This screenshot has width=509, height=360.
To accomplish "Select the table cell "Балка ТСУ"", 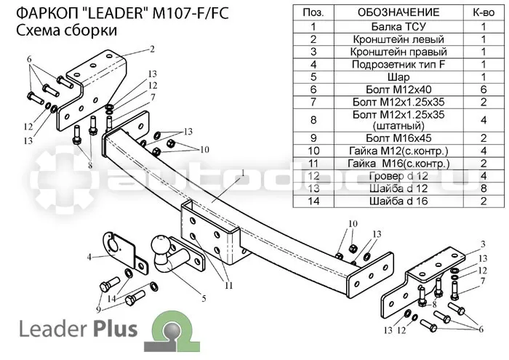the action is pos(398,27).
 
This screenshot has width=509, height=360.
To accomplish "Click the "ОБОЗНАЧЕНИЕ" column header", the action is pos(398,12).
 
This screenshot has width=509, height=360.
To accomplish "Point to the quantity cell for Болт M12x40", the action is pos(484,89).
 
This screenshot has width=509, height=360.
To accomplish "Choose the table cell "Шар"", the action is pos(398,77).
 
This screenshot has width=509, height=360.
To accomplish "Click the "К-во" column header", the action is pos(484,12).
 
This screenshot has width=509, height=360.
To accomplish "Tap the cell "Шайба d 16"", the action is pos(398,201).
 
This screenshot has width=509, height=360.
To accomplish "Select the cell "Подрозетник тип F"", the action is pos(398,65).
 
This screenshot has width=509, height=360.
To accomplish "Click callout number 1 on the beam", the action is pos(242,172).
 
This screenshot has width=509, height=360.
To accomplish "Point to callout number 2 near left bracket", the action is pos(152,49).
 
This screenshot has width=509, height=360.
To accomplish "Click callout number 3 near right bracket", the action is pos(483,244).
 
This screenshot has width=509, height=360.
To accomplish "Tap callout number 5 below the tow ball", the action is pos(204,298).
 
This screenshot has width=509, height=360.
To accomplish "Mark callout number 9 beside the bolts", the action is pos(98,309).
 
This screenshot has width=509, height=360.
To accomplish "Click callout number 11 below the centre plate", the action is pos(229,285).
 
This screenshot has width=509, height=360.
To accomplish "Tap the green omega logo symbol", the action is pos(172,331).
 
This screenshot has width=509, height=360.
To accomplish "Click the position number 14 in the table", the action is pos(313,201).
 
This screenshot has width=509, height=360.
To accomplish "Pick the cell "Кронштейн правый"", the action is pos(398,52).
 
